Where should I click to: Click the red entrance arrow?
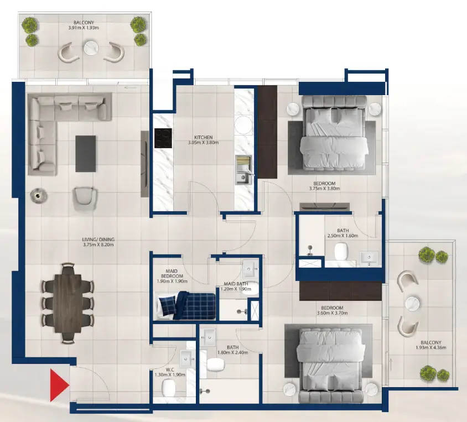(58, 385)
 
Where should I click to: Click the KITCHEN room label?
(203, 137)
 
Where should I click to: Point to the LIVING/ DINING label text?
(98, 239)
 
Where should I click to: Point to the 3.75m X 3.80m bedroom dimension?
(324, 189)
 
